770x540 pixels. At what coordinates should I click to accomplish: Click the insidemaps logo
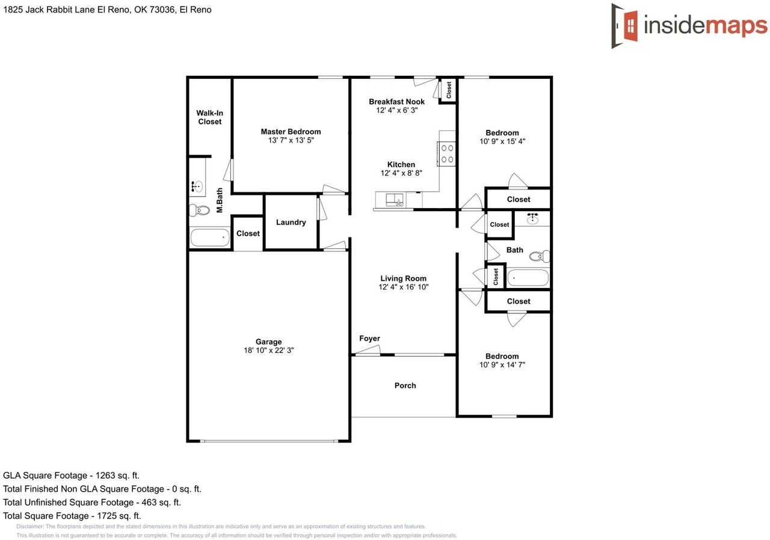689,26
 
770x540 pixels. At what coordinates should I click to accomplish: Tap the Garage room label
268,342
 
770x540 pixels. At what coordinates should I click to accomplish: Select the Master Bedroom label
291,132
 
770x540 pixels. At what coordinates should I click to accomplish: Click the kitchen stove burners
447,153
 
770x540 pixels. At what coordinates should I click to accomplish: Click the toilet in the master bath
199,210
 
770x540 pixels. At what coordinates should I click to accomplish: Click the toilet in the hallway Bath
539,256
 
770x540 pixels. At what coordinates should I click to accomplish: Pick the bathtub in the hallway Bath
528,278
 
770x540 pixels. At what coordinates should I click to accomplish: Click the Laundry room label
291,222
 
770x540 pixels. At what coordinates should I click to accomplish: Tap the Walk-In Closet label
209,117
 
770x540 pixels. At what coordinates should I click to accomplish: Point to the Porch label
405,385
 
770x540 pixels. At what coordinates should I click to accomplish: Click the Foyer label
369,339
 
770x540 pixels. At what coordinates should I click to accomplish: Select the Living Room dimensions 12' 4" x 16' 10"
403,287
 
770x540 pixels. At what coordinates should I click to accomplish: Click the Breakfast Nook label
396,102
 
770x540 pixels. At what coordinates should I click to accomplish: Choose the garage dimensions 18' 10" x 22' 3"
268,351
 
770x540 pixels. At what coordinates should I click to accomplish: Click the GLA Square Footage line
71,476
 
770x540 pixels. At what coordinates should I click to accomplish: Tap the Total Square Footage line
72,516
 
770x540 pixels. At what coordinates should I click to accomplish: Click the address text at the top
107,10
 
